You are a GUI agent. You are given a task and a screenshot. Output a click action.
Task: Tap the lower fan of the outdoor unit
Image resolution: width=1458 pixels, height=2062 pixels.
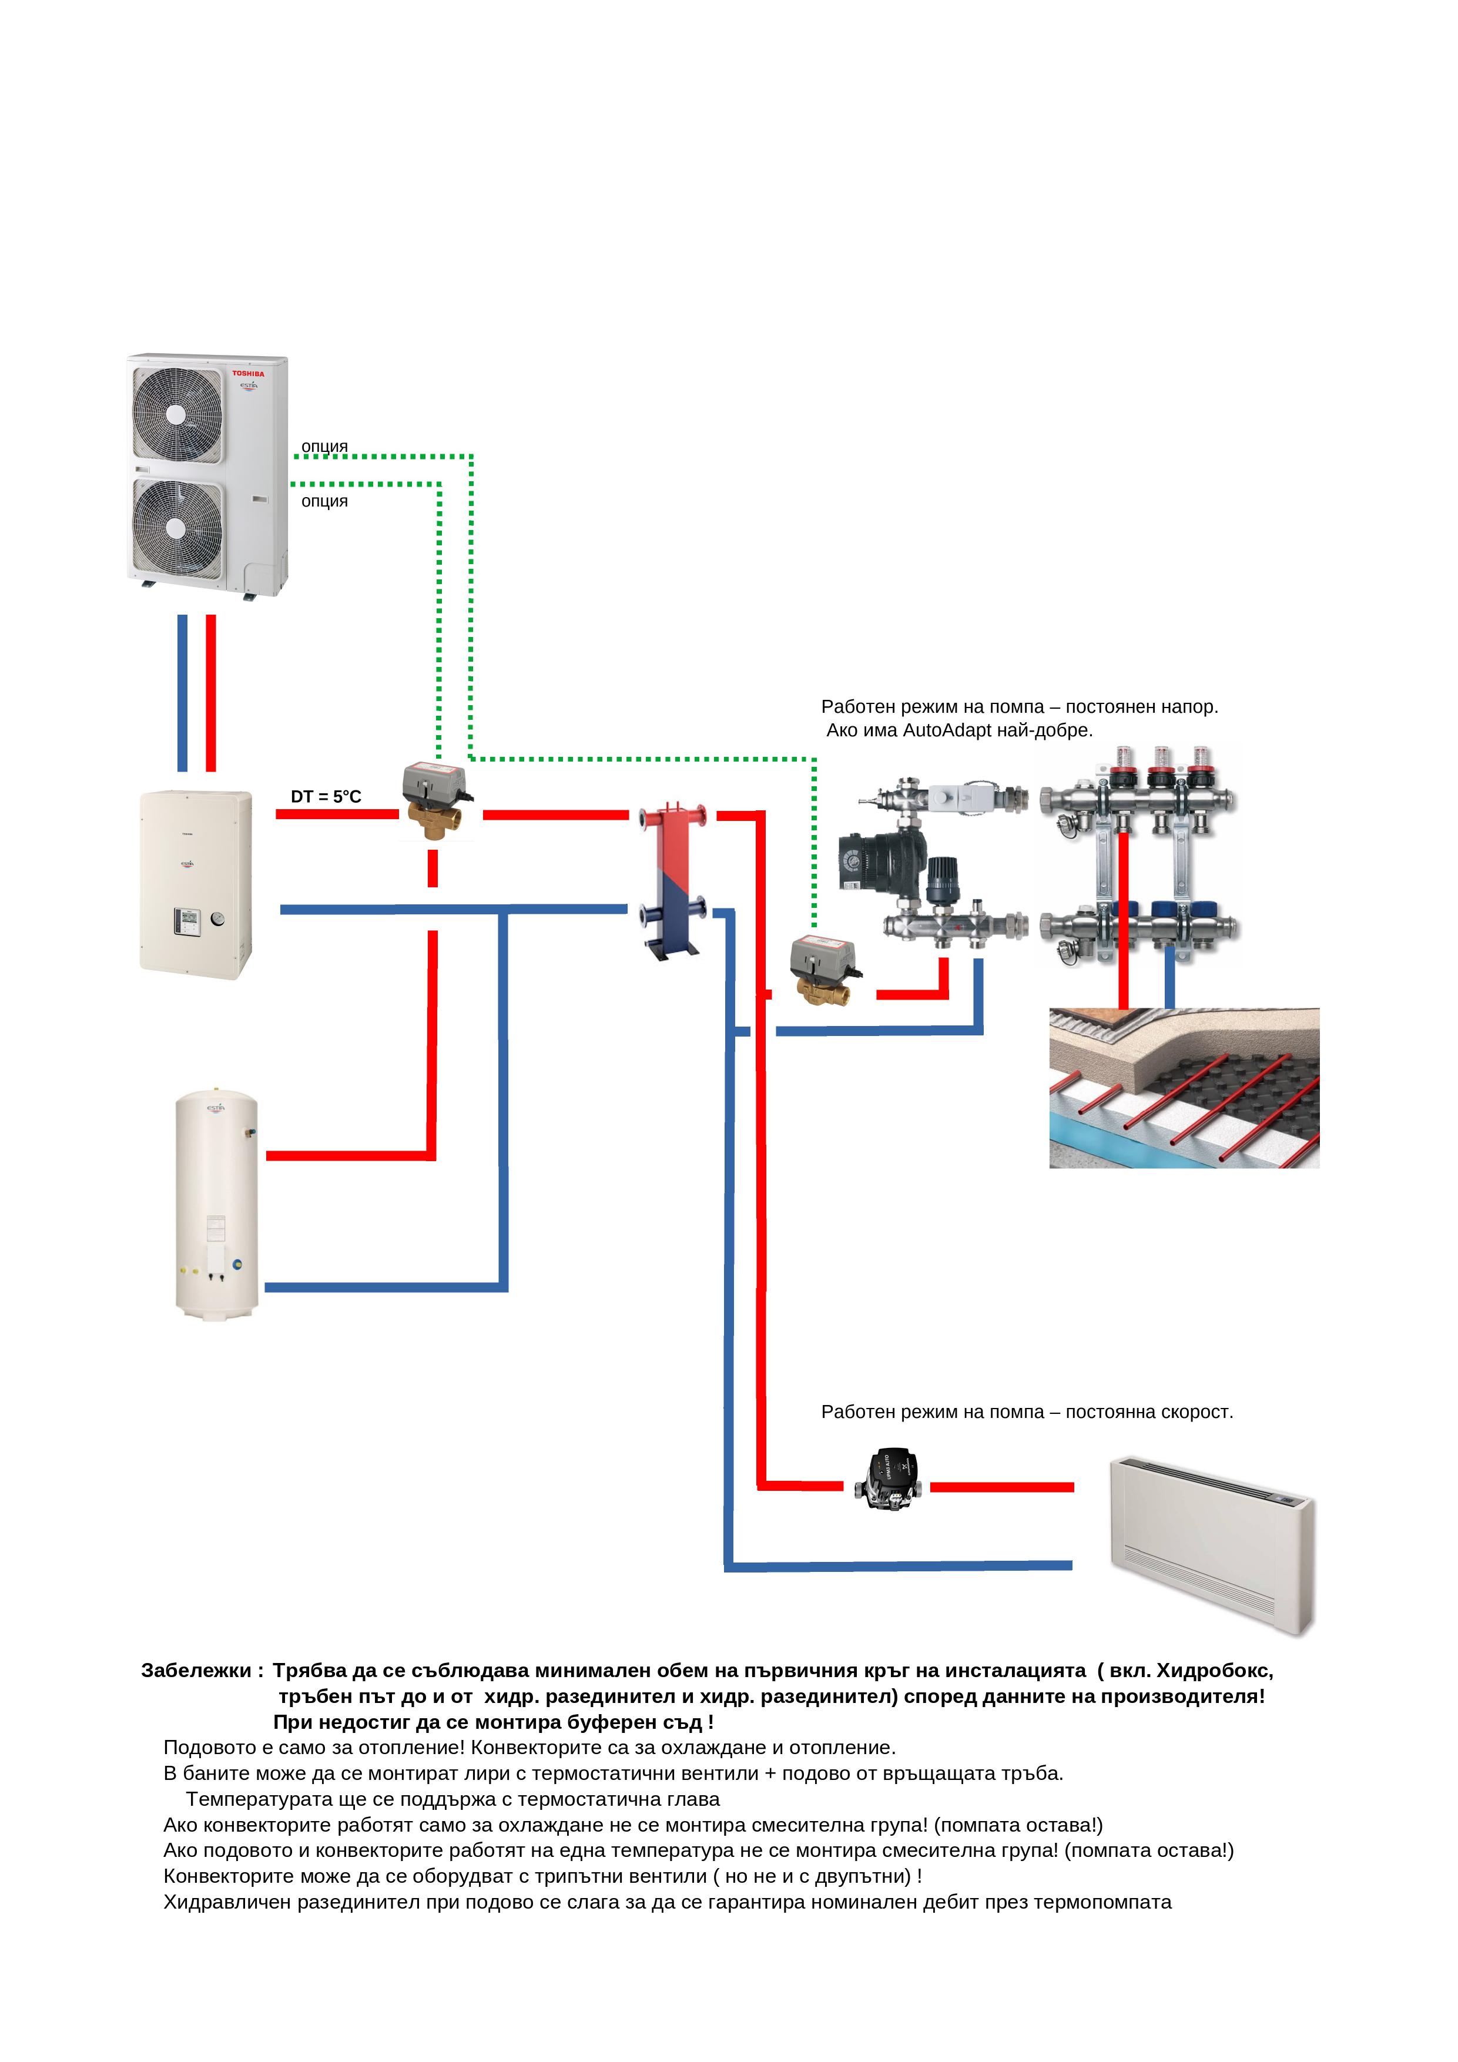[x=177, y=525]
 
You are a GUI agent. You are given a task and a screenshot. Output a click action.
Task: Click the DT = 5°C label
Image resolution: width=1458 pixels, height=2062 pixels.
[x=325, y=797]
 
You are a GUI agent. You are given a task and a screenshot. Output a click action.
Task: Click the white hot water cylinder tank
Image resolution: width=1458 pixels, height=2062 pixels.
[x=216, y=1204]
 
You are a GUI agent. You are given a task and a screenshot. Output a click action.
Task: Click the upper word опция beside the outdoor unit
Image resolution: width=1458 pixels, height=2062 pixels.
[x=324, y=447]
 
